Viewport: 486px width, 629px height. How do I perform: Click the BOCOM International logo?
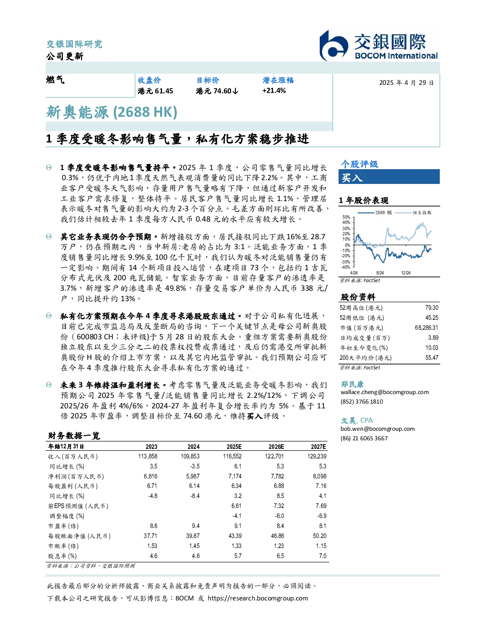click(378, 45)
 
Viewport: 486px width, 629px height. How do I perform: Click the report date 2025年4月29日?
click(406, 83)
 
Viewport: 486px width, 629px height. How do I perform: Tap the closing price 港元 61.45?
click(155, 91)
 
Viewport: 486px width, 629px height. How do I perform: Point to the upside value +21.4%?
click(274, 91)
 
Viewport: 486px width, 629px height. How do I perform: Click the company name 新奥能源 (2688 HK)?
click(111, 112)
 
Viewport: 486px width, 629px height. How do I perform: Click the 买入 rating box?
click(389, 177)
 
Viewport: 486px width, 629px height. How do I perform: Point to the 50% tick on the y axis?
click(346, 217)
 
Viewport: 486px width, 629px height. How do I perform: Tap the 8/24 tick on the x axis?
click(380, 273)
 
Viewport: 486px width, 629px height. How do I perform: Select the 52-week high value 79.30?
click(432, 308)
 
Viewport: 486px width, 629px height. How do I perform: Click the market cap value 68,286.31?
click(426, 328)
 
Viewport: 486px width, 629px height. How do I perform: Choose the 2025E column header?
click(234, 446)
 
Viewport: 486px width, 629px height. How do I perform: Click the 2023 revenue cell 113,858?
click(148, 457)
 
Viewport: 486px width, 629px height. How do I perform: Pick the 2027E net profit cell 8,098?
click(320, 476)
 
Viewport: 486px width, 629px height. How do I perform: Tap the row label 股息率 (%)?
click(62, 556)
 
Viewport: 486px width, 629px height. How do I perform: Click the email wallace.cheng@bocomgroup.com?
click(385, 392)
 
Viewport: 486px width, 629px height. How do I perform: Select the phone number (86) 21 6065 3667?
click(364, 438)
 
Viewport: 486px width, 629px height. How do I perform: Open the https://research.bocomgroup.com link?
click(258, 598)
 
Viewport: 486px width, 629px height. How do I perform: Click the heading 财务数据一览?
click(74, 436)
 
